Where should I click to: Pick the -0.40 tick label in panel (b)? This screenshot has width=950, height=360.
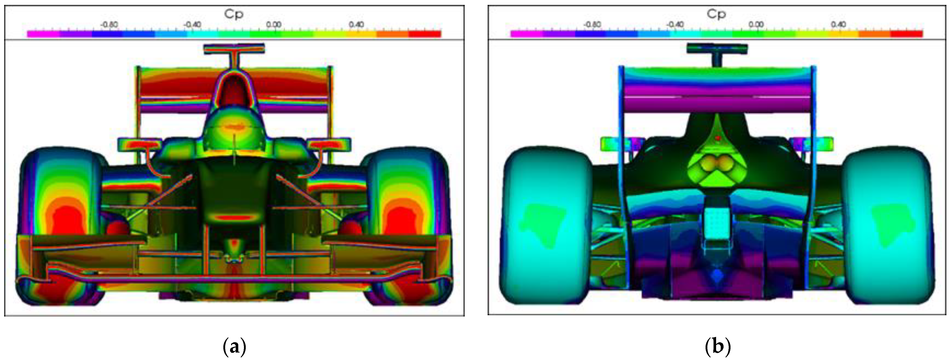coord(675,25)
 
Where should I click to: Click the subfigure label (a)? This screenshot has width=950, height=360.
coord(235,347)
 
